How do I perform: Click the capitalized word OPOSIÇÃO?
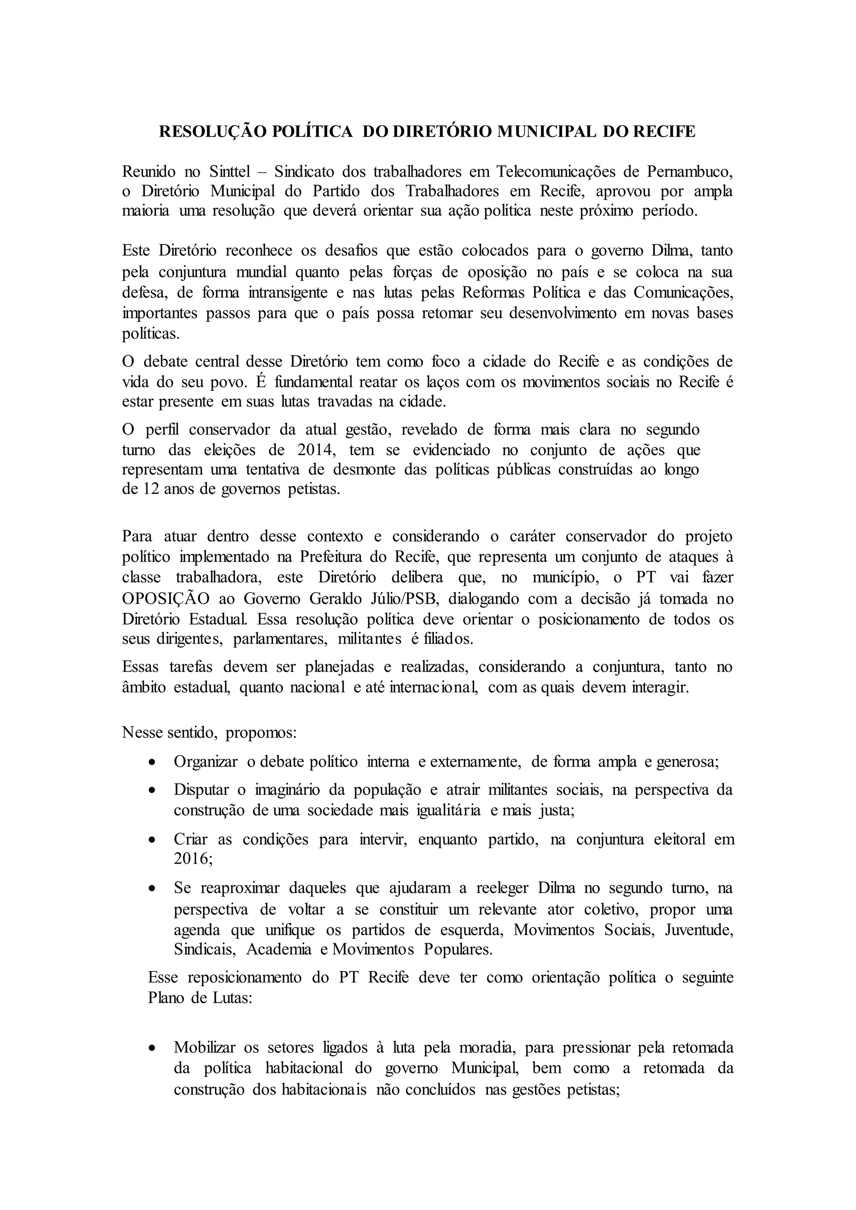(166, 599)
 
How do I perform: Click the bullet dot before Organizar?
(152, 763)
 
